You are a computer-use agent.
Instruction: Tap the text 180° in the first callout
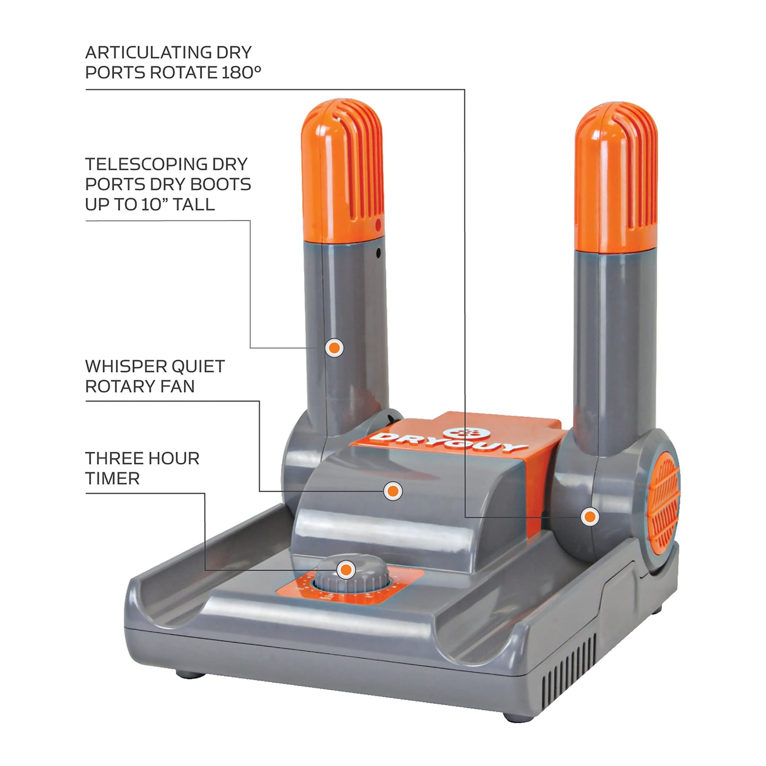[x=241, y=73]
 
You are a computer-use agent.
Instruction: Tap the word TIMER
[x=112, y=479]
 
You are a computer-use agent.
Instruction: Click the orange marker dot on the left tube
[x=334, y=348]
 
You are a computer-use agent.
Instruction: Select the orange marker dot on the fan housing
[x=392, y=491]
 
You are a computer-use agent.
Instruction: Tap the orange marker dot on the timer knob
[x=346, y=570]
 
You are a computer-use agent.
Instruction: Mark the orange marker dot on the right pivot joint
[x=589, y=516]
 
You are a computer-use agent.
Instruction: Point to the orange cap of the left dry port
[x=342, y=170]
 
